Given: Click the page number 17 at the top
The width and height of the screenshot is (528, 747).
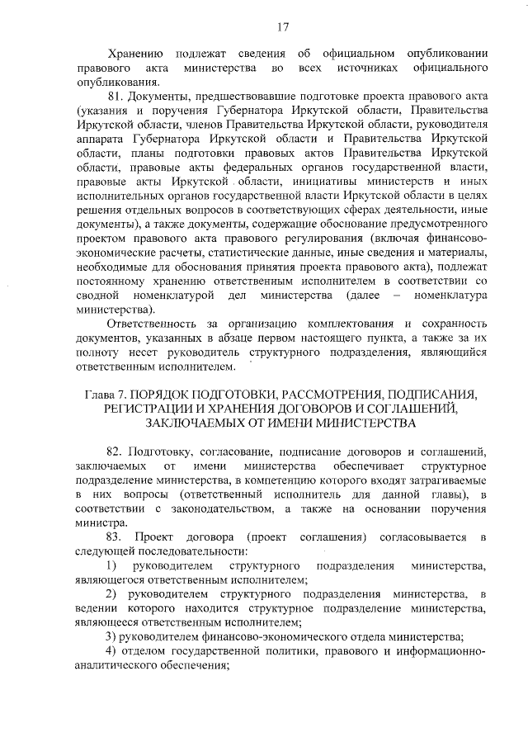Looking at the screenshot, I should pyautogui.click(x=282, y=26).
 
